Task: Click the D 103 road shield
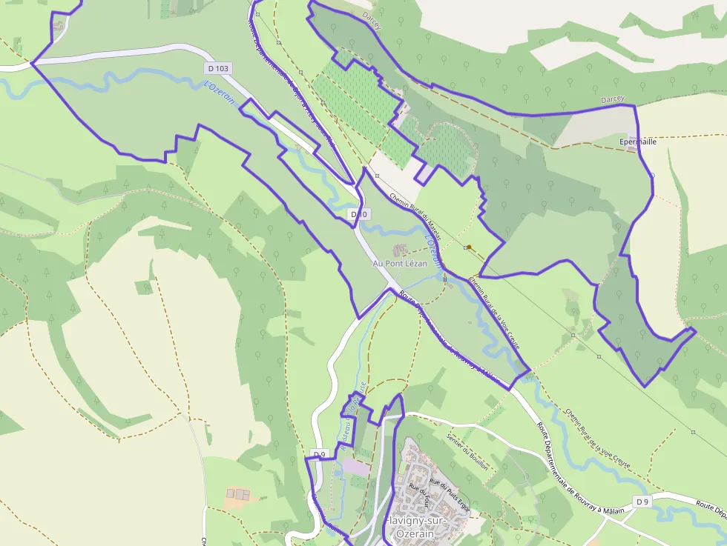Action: click(218, 68)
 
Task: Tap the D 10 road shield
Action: click(359, 214)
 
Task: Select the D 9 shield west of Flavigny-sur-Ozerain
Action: click(319, 453)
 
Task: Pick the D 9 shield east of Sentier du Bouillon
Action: click(642, 502)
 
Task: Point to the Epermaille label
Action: click(637, 141)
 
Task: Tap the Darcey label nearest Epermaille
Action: click(613, 99)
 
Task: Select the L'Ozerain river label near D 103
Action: click(220, 94)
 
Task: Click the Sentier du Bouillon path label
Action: click(463, 442)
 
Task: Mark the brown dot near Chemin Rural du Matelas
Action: click(469, 247)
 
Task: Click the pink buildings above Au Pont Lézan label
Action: click(400, 249)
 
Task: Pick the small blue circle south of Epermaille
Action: click(652, 175)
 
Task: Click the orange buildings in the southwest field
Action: click(237, 493)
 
